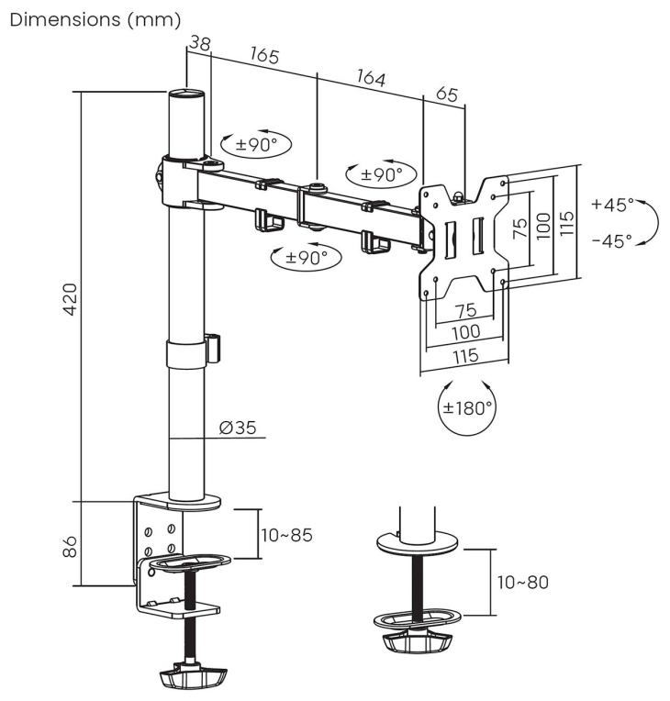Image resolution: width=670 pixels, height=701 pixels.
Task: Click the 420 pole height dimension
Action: coord(71,298)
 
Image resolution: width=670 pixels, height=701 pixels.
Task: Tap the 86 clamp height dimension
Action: coord(70,546)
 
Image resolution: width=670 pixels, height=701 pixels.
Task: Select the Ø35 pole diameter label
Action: coord(238,428)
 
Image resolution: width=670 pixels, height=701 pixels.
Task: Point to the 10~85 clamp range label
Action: coord(286,535)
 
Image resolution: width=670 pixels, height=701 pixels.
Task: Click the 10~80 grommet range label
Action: coord(523,582)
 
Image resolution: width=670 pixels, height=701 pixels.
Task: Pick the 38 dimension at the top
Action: coord(200,43)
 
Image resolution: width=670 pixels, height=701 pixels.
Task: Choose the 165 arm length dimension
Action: coord(264,55)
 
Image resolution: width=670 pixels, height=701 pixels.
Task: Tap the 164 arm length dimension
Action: coord(371,78)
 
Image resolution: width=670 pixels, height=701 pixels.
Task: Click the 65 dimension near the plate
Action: coord(447,95)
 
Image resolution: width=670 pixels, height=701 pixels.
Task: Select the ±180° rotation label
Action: coord(467,407)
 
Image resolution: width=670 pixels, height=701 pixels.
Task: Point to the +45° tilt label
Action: coord(613,205)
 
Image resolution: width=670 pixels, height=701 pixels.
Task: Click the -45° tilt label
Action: coord(612,241)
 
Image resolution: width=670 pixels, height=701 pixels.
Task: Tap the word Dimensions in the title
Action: coord(65,19)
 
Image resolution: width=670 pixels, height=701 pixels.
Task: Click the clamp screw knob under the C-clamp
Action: coord(194,676)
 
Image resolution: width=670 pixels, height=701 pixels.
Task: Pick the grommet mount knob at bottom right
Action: coord(416,640)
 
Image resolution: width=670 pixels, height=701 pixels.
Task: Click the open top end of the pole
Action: coord(186,94)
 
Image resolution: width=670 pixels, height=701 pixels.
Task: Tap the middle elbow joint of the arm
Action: coord(316,208)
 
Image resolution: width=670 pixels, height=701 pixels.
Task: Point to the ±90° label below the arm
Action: coord(307,257)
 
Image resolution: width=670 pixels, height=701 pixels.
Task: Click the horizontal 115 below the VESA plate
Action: coord(466,356)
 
